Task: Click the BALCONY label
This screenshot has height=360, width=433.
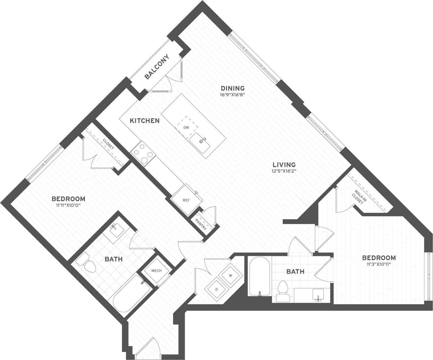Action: [x=157, y=67]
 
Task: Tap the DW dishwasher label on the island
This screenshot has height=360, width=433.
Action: [x=186, y=128]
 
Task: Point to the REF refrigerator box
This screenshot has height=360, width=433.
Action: [x=186, y=200]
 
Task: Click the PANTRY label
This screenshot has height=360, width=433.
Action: [x=201, y=224]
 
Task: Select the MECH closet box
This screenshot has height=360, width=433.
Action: [x=156, y=271]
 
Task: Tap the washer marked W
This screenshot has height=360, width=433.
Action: [x=230, y=275]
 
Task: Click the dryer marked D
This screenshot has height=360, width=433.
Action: [x=216, y=289]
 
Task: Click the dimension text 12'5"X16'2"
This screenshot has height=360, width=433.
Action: [x=284, y=171]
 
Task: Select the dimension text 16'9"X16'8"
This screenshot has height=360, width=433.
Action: [x=232, y=95]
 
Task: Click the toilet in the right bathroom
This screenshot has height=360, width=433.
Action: [x=283, y=291]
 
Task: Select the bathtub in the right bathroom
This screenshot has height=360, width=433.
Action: [x=259, y=277]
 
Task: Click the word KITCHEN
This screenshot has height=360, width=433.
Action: [x=145, y=121]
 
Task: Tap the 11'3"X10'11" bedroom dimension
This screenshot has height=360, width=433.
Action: [x=379, y=264]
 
